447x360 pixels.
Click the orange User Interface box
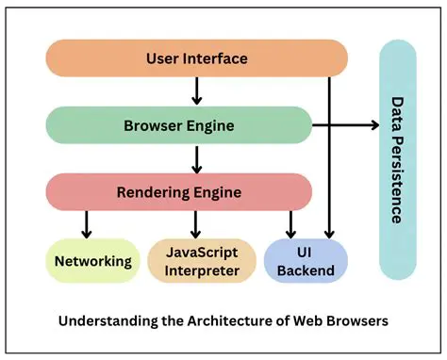click(196, 58)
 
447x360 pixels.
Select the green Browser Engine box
click(179, 124)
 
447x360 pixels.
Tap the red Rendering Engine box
click(179, 192)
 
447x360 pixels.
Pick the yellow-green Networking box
click(91, 261)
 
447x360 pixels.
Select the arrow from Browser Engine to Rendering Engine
click(196, 158)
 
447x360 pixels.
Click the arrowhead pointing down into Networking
click(86, 232)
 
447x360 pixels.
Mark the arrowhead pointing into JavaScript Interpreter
click(196, 232)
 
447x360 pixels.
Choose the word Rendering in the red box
click(153, 192)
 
